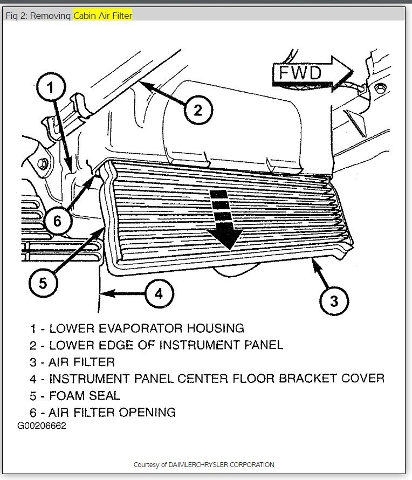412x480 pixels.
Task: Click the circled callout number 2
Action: pyautogui.click(x=198, y=110)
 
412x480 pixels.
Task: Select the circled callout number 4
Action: pyautogui.click(x=158, y=293)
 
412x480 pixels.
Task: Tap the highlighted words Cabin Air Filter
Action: pyautogui.click(x=102, y=16)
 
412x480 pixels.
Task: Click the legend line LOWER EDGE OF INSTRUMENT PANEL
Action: pyautogui.click(x=156, y=345)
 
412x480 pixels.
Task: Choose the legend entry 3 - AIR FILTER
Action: pyautogui.click(x=72, y=362)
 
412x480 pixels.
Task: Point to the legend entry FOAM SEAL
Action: pyautogui.click(x=75, y=395)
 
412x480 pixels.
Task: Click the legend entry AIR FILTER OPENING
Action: pyautogui.click(x=103, y=413)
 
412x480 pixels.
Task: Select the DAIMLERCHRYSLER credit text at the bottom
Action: pyautogui.click(x=204, y=464)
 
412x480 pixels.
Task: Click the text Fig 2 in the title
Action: pyautogui.click(x=16, y=16)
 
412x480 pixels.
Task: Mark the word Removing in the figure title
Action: pyautogui.click(x=51, y=16)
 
